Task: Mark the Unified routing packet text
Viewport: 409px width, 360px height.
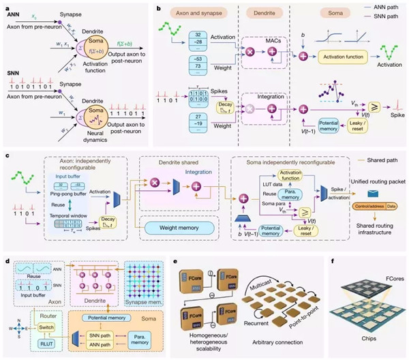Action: click(x=375, y=172)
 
